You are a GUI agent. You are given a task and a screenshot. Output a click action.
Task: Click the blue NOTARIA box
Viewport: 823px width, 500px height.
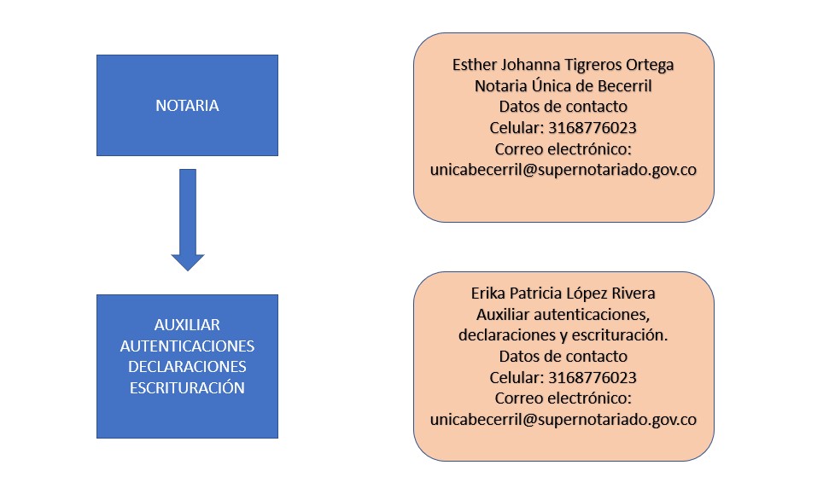tap(187, 106)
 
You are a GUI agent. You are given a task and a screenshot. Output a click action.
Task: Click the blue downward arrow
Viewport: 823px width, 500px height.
tap(188, 219)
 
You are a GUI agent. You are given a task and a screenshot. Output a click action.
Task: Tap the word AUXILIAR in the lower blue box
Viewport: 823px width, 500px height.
tap(187, 325)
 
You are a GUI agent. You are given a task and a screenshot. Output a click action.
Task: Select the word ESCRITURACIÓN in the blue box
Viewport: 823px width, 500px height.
tap(187, 387)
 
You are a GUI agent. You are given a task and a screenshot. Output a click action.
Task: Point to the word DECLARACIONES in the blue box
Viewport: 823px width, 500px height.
tap(187, 366)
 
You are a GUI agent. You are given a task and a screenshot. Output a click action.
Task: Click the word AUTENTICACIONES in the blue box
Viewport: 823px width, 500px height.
tap(187, 346)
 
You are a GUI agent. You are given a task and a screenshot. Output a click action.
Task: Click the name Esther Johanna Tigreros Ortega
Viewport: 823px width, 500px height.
tap(563, 65)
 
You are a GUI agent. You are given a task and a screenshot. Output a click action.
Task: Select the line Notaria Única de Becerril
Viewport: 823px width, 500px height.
tap(563, 85)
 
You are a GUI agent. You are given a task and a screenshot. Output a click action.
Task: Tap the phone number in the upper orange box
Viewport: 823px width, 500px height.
tap(592, 127)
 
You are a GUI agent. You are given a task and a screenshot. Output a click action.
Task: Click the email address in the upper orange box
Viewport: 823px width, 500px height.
tap(563, 170)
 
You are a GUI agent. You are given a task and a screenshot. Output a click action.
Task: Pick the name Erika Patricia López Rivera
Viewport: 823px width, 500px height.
tap(563, 294)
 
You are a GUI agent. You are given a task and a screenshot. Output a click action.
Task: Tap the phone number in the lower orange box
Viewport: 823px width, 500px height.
tap(592, 377)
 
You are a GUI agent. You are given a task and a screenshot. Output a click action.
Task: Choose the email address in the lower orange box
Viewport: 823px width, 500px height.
tap(563, 420)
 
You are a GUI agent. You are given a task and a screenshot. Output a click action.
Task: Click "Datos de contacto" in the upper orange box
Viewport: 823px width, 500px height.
tap(563, 107)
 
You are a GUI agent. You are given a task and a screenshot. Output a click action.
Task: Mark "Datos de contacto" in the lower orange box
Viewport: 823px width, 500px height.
tap(563, 357)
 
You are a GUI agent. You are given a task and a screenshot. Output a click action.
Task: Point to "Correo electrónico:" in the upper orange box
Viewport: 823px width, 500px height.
tap(563, 149)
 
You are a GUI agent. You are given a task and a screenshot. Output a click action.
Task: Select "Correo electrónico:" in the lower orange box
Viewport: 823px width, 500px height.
tap(563, 398)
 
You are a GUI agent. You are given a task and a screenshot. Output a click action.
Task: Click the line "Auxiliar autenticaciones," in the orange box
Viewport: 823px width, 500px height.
tap(563, 315)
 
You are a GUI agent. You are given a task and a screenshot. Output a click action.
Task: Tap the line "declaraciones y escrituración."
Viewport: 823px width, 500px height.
tap(563, 335)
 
